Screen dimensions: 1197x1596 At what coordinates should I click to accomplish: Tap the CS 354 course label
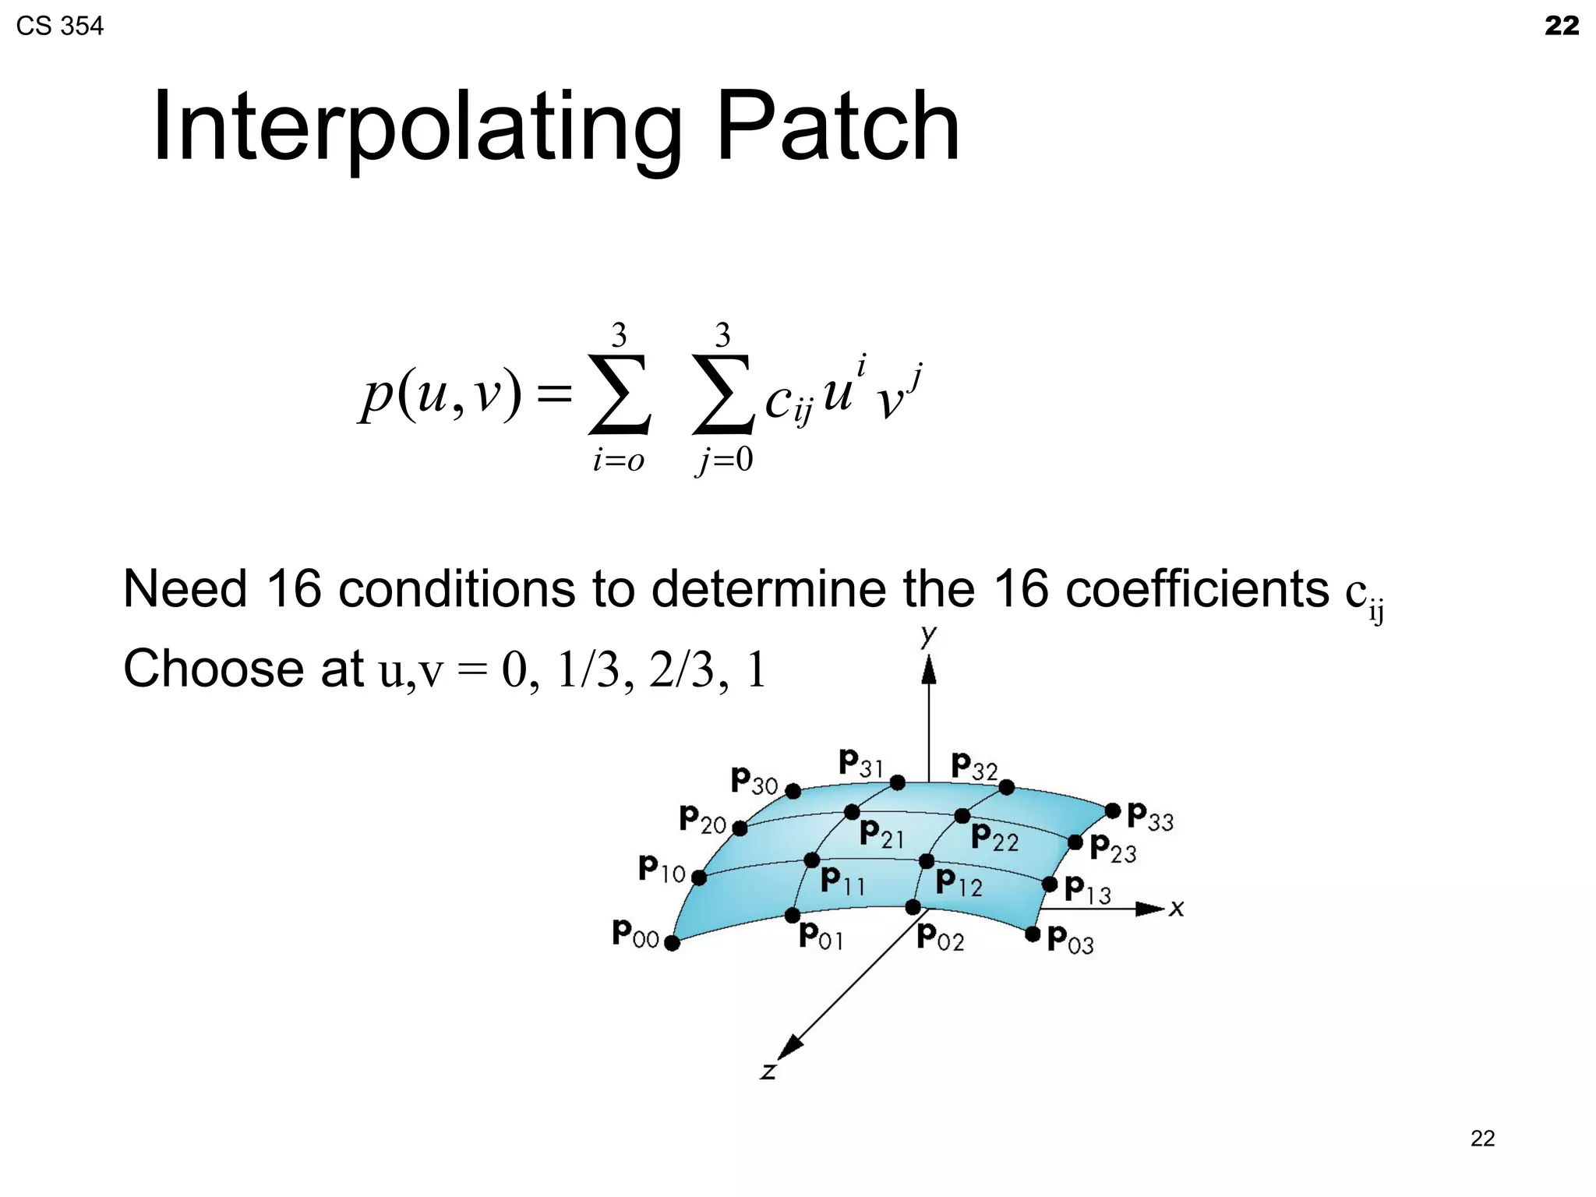(x=59, y=26)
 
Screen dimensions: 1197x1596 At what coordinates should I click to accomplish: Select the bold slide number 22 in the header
(x=1562, y=26)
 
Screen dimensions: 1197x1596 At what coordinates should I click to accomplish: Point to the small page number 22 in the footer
(x=1482, y=1139)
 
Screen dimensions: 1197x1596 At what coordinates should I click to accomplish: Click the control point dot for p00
(x=672, y=944)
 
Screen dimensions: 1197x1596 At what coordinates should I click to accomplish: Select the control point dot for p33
(x=1113, y=811)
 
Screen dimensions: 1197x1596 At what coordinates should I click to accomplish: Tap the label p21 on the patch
(x=881, y=834)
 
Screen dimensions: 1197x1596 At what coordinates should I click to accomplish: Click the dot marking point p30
(x=793, y=792)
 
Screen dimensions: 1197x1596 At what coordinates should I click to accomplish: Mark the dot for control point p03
(x=1033, y=934)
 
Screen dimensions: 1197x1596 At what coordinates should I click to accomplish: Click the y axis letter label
(x=927, y=635)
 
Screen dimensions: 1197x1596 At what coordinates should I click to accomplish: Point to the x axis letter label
(x=1177, y=908)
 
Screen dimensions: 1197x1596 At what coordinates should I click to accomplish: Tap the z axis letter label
(x=768, y=1072)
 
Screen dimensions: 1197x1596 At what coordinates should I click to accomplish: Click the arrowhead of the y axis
(x=928, y=670)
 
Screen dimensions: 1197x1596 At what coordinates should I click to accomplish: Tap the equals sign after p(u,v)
(x=554, y=394)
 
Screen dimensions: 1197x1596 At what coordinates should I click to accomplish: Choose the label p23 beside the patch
(x=1113, y=848)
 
